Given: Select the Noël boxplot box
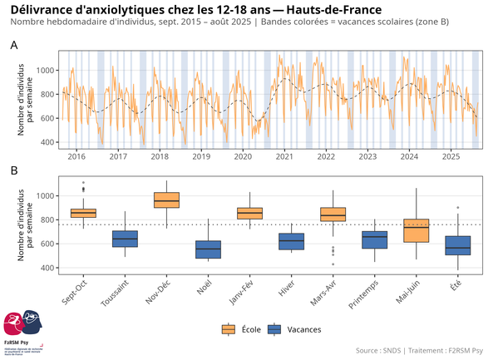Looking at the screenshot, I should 208,249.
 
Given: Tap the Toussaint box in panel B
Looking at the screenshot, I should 125,239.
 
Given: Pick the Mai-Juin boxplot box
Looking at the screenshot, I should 416,230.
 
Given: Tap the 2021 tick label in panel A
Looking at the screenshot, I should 284,156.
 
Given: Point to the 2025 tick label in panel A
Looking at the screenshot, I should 451,156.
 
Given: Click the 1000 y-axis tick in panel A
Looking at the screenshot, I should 47,70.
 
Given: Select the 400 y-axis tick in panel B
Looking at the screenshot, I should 49,268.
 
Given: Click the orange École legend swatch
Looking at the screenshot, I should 228,330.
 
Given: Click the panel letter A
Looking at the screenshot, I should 13,45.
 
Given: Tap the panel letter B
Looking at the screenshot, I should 13,170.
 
